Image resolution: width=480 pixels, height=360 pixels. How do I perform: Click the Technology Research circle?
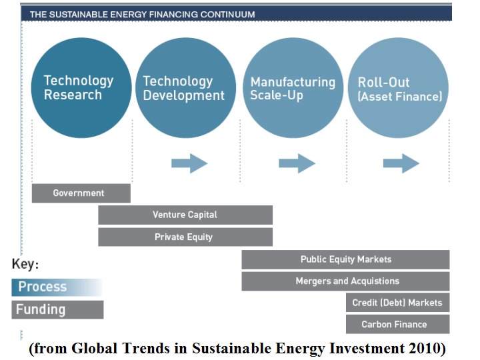pos(79,88)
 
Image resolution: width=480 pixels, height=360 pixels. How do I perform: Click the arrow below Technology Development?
pos(189,163)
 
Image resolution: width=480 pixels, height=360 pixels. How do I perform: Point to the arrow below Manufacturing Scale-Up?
pos(297,163)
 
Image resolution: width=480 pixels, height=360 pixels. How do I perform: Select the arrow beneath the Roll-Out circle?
pos(401,163)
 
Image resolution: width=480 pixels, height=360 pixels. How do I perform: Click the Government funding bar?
pos(81,193)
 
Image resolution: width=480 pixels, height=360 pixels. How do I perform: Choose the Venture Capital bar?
pos(185,215)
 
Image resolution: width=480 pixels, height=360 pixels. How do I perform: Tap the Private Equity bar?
pos(185,237)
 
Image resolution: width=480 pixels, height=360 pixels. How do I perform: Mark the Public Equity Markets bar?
pos(345,259)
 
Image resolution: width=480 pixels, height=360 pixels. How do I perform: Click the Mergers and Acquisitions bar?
pos(345,281)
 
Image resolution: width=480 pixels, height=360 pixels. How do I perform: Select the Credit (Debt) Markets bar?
pos(397,303)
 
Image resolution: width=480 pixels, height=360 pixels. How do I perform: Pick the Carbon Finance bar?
pos(397,325)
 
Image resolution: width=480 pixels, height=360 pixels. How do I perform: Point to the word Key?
pos(25,265)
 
